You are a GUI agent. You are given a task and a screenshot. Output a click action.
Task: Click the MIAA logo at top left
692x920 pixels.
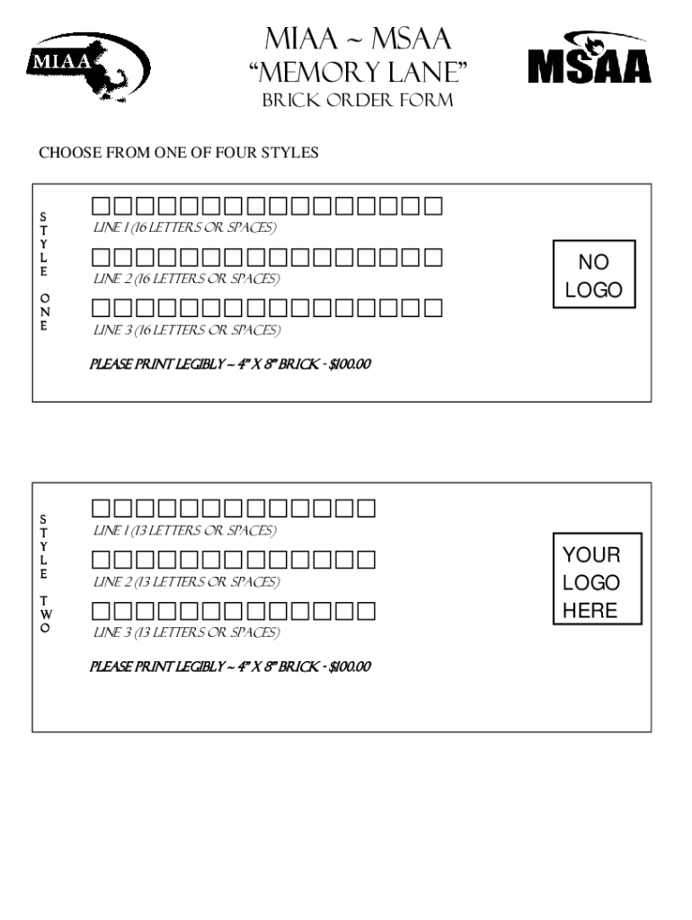point(91,66)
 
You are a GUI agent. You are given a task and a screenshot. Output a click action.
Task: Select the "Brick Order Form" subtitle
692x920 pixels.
point(357,101)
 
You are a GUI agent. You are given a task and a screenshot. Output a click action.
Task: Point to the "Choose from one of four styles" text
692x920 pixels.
point(178,154)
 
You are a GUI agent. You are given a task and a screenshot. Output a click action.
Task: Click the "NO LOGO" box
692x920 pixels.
point(593,276)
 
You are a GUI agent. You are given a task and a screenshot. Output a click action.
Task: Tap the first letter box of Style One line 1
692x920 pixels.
point(100,207)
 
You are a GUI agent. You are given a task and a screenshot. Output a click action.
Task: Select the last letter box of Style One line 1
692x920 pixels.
point(433,207)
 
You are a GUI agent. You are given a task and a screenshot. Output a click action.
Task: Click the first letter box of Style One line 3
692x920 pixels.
point(100,309)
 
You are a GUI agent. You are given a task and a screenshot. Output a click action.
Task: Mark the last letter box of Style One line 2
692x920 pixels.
point(433,258)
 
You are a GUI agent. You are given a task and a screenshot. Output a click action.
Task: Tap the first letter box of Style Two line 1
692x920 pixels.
point(100,509)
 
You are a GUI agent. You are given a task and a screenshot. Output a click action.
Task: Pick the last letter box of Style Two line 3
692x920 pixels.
point(366,612)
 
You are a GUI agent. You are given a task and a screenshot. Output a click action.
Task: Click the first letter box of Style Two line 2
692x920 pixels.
point(100,561)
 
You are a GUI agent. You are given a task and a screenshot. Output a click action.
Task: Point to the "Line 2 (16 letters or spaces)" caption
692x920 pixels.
point(187,279)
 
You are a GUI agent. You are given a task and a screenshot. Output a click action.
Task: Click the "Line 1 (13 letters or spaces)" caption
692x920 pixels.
point(185,531)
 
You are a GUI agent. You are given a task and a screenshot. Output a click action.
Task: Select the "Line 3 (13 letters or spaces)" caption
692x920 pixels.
point(187,633)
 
